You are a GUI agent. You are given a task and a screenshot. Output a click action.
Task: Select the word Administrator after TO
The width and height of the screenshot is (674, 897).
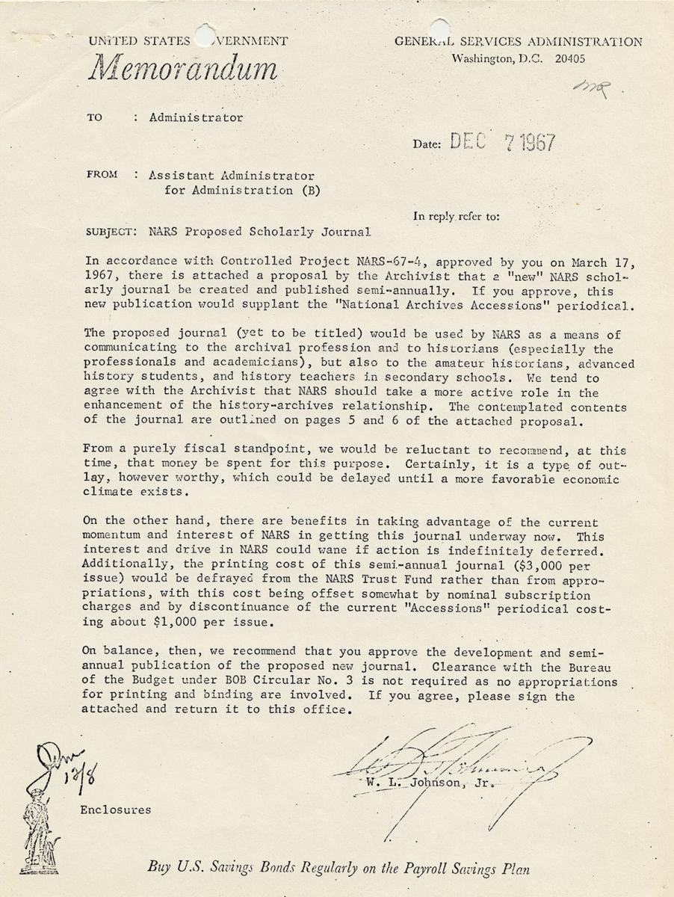pos(196,117)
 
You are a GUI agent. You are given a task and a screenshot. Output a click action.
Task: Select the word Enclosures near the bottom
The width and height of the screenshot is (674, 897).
pos(116,809)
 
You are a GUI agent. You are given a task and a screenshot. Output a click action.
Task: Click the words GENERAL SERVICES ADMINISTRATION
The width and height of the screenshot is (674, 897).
pos(518,42)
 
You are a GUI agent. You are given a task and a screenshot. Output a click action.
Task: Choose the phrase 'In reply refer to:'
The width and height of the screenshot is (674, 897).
pos(456,217)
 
